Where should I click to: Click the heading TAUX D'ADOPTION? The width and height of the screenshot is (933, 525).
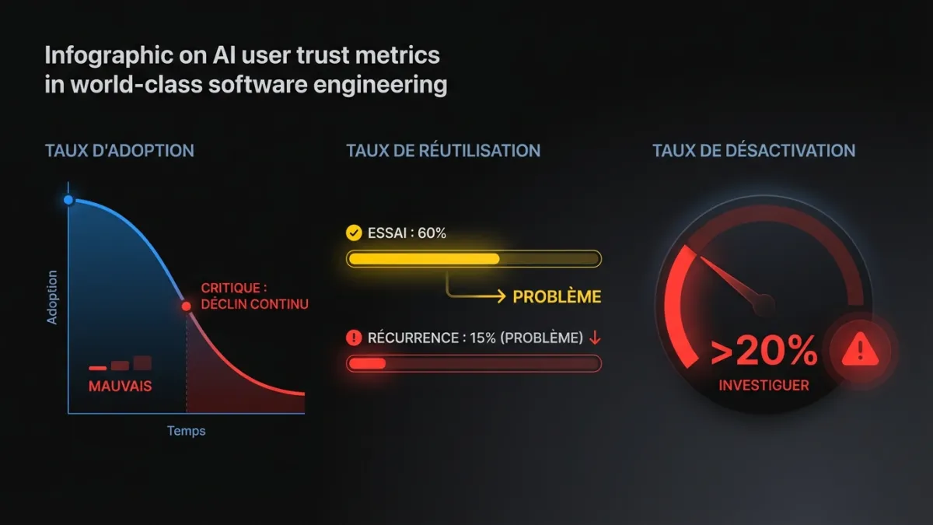pos(120,151)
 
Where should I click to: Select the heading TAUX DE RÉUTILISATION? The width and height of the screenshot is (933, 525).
pos(443,151)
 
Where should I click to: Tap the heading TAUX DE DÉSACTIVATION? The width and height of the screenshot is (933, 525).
pos(753,151)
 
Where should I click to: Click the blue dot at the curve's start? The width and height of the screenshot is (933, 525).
pos(69,200)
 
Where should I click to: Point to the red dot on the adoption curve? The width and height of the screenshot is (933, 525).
pos(187,306)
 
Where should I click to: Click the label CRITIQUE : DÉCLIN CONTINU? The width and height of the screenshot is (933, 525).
pos(254,296)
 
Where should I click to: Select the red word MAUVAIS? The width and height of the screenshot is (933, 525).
pos(120,386)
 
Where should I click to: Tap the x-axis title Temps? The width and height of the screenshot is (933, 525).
pos(187,431)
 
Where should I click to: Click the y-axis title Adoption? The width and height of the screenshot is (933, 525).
pos(53,297)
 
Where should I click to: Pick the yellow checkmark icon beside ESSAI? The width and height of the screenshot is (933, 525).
pos(354,233)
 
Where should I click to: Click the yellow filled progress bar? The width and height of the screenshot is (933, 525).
pos(424,259)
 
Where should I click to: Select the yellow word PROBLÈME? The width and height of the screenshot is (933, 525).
pos(557,296)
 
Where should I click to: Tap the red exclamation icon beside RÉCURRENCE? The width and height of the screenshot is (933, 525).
pos(354,338)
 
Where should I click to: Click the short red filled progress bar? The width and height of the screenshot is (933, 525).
pos(367,363)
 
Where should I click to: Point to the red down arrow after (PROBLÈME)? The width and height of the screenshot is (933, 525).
pos(595,338)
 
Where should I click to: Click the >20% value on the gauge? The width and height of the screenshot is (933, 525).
pos(764,352)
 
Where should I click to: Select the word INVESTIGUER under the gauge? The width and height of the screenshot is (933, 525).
pos(764,385)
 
